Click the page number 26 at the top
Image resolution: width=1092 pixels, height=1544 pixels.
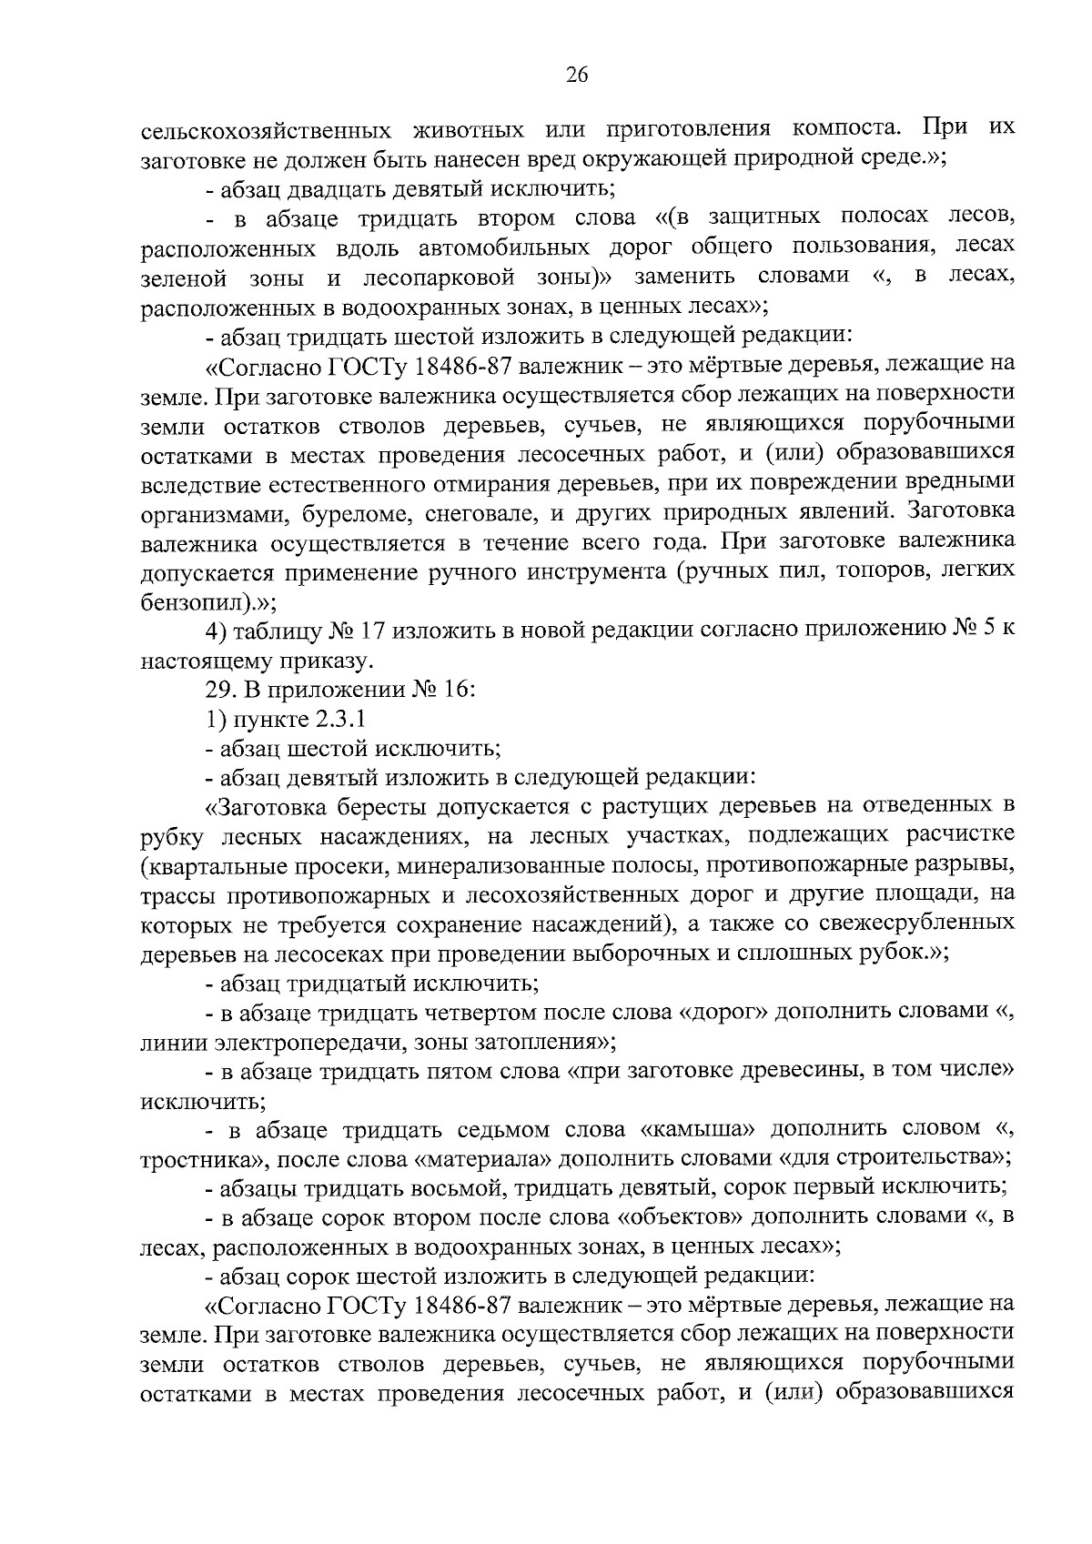click(577, 76)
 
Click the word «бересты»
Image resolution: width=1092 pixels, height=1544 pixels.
click(379, 807)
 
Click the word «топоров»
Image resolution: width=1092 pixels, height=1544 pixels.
click(865, 573)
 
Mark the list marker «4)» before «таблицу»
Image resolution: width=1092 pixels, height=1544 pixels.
click(218, 631)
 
